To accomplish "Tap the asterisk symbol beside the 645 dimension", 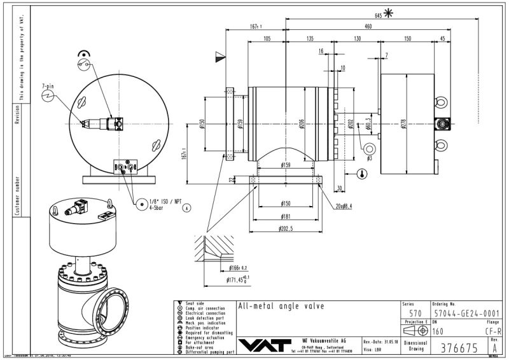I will click(x=387, y=13).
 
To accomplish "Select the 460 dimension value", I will click(x=368, y=27).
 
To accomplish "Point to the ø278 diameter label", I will click(x=403, y=123).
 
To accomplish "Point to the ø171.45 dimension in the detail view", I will click(x=238, y=279).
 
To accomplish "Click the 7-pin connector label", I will click(x=48, y=85).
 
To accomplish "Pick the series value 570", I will click(x=414, y=314).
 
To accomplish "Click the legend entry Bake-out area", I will click(x=202, y=347).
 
